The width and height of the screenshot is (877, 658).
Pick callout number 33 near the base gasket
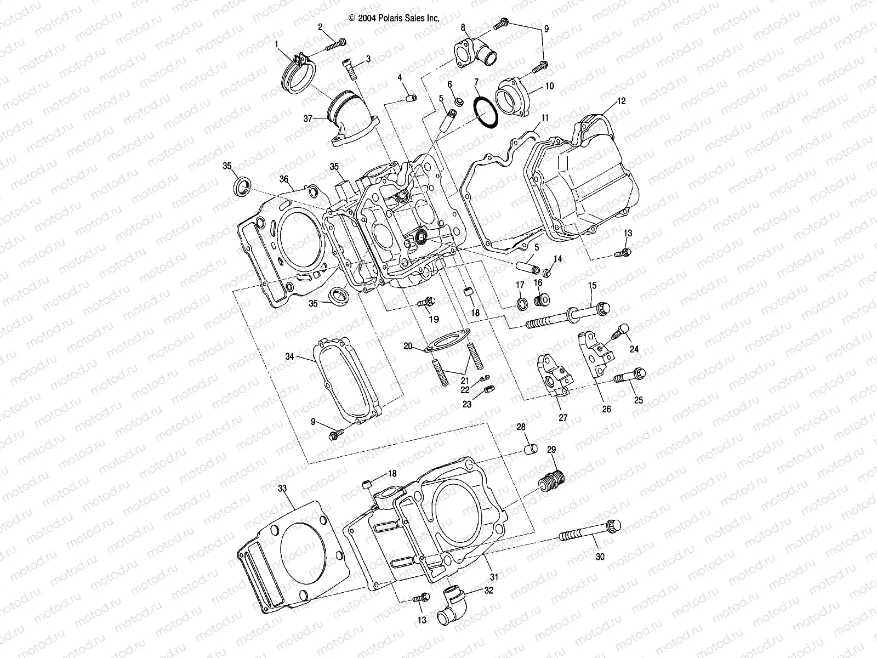(x=282, y=487)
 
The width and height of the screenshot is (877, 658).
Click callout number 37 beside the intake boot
(x=307, y=118)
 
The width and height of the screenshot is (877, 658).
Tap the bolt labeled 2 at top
(x=335, y=44)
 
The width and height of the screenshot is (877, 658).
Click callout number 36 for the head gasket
(x=283, y=179)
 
